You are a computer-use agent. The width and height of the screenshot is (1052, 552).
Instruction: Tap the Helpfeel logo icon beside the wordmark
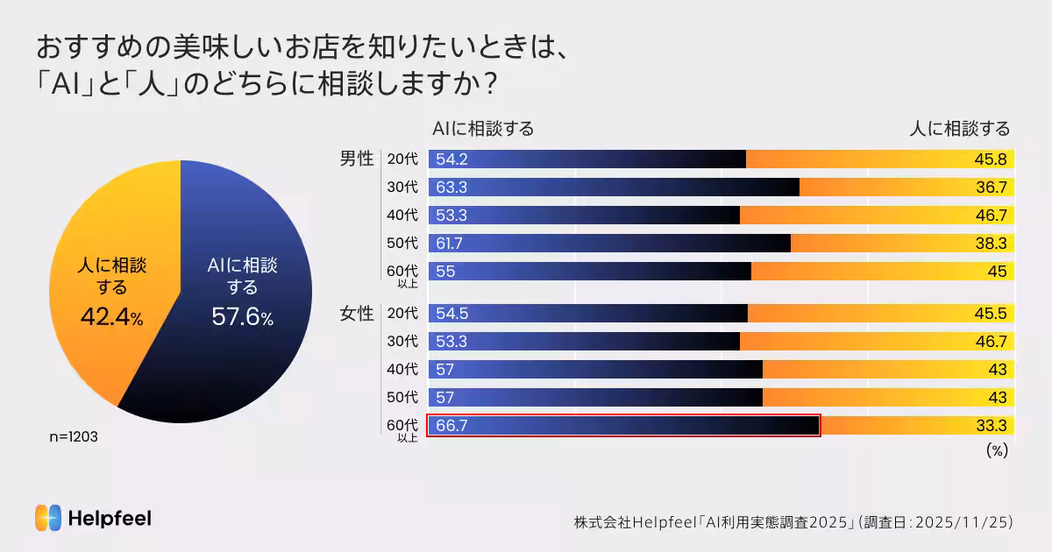tap(47, 518)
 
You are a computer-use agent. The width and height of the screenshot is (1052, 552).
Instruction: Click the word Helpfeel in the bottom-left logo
tap(110, 519)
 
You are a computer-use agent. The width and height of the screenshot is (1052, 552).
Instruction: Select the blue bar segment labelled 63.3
tap(614, 187)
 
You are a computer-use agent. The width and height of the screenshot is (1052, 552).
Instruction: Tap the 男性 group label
tap(357, 159)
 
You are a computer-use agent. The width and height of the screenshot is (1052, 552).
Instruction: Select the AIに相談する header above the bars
tap(483, 129)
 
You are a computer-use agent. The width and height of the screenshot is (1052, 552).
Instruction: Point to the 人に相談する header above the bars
tap(959, 129)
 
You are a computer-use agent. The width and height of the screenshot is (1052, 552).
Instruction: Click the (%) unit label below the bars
tap(997, 450)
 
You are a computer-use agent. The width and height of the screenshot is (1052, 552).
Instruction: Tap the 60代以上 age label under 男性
tap(402, 274)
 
